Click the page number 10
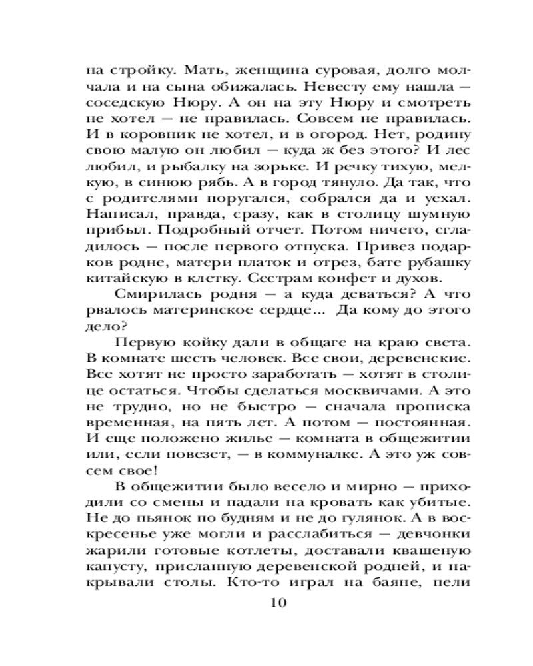[x=278, y=603]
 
